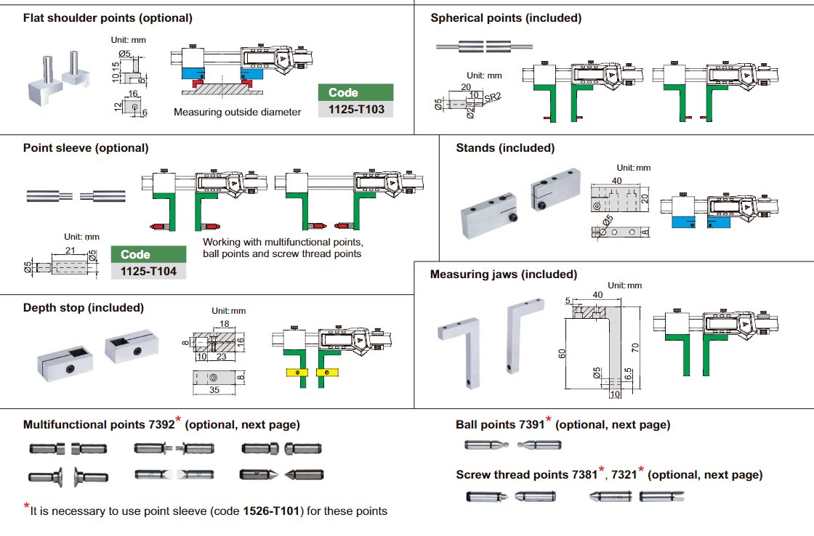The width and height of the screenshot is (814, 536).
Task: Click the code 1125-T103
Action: pos(355,109)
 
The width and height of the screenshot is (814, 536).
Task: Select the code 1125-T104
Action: pos(148,271)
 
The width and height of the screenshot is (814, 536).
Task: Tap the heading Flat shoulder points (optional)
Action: pos(108,17)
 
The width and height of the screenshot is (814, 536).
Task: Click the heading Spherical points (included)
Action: pos(506,17)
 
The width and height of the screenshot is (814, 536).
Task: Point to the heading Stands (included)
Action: pos(505,148)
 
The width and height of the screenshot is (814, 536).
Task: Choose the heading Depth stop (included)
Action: pos(84,307)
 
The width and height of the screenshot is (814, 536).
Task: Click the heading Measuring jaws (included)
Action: pos(504,275)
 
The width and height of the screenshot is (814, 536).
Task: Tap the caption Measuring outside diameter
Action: pos(237,112)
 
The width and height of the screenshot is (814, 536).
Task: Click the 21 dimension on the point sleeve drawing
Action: pos(70,250)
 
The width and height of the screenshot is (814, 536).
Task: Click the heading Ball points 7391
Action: pos(500,425)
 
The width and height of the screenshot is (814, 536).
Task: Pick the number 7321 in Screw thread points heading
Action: pos(624,475)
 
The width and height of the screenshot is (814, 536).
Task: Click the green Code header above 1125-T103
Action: pos(343,92)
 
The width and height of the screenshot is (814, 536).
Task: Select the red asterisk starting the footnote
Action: pos(27,507)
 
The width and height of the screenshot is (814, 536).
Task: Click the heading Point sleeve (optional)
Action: pos(86,147)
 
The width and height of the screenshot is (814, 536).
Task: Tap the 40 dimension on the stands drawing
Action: pos(617,179)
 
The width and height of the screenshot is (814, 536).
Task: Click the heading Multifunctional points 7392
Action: pos(98,425)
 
